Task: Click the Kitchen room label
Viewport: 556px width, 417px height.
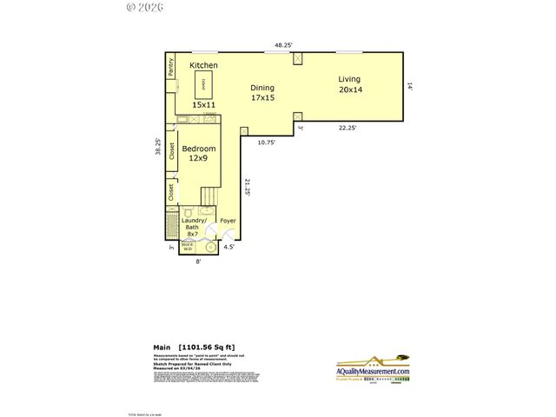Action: tap(203, 66)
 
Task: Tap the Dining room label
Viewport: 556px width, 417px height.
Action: tap(262, 88)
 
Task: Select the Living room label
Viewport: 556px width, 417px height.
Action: tap(349, 79)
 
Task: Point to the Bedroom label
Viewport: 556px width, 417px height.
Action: tap(199, 149)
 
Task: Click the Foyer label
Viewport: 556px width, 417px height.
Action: tap(228, 221)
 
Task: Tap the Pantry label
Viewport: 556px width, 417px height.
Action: tap(171, 67)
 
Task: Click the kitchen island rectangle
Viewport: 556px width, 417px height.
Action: tap(203, 83)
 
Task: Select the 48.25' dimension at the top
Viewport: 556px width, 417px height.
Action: tap(283, 44)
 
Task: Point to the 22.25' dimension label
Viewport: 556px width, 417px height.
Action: tap(348, 128)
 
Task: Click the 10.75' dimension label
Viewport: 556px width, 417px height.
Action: tap(266, 142)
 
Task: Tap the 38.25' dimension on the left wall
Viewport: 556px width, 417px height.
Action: tap(157, 147)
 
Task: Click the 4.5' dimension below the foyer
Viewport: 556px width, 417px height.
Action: tap(229, 248)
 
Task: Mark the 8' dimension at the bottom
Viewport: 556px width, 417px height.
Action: tap(198, 261)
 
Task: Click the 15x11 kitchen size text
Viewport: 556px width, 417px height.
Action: tap(203, 104)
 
